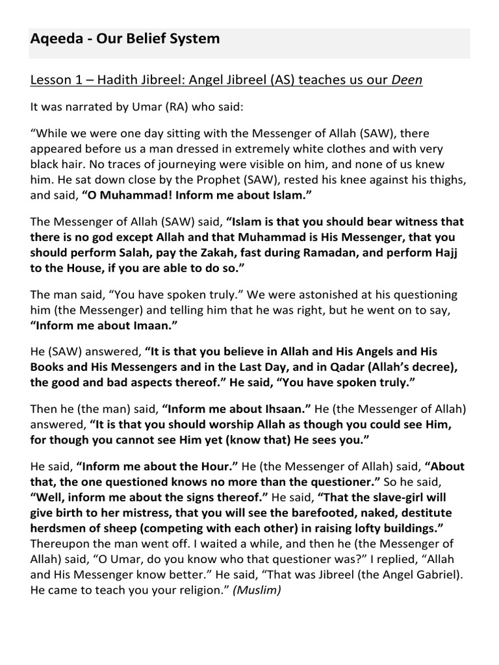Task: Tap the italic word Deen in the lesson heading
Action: pos(406,80)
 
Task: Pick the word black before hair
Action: pos(46,164)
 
